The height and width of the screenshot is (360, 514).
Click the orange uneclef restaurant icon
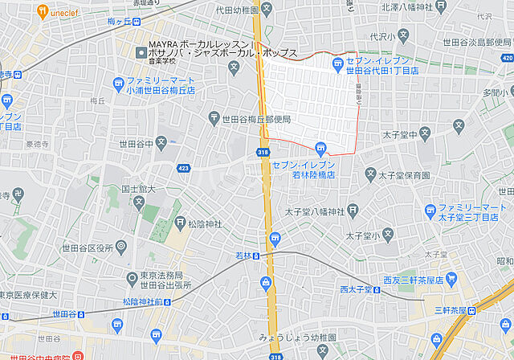pos(43,13)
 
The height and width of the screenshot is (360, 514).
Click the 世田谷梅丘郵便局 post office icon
pos(214,119)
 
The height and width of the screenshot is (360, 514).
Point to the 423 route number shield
pos(184,168)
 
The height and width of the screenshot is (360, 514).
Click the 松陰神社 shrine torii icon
pos(181,223)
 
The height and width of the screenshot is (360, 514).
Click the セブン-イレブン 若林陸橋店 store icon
pos(320,147)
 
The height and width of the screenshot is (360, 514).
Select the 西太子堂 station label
pos(354,289)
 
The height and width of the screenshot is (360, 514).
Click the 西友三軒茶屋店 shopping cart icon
pos(451,279)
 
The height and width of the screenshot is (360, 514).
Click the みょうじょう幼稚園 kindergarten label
pos(292,337)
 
